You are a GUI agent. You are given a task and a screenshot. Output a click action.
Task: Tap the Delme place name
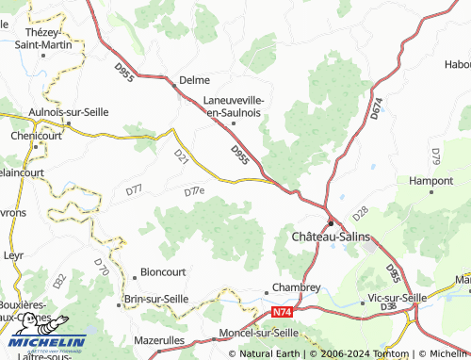[195, 80]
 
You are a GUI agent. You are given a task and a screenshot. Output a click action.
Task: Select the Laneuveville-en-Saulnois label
[234, 106]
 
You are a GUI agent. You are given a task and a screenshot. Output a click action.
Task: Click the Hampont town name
[432, 180]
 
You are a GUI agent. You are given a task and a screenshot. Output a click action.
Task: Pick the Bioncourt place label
[163, 271]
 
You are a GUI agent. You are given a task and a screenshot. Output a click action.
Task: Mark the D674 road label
[377, 109]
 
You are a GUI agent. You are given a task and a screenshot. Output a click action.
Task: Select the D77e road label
[193, 191]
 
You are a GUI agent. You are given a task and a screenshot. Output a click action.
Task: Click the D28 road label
[359, 214]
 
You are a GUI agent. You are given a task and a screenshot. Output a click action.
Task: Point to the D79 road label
[435, 155]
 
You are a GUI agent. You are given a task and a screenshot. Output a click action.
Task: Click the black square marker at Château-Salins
[330, 223]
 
